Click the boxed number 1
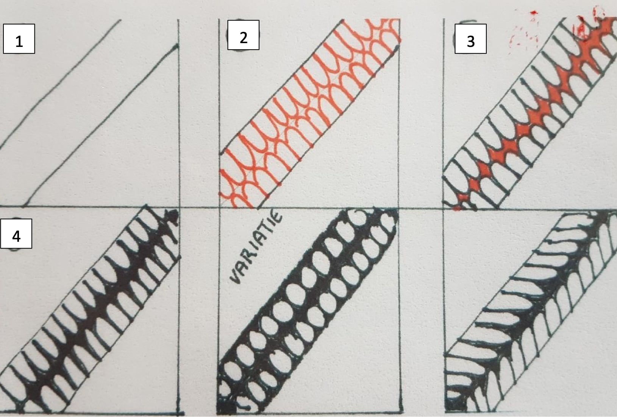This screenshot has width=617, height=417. [19, 39]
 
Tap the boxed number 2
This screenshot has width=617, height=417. [243, 35]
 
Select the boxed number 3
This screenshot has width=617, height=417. [470, 39]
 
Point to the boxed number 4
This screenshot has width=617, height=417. [16, 234]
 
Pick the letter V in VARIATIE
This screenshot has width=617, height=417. [236, 276]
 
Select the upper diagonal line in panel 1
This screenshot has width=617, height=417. [60, 85]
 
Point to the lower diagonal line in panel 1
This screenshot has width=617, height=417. [100, 126]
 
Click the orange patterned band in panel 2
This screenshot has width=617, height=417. [309, 113]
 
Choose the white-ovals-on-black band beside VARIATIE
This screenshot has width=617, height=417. [307, 311]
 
